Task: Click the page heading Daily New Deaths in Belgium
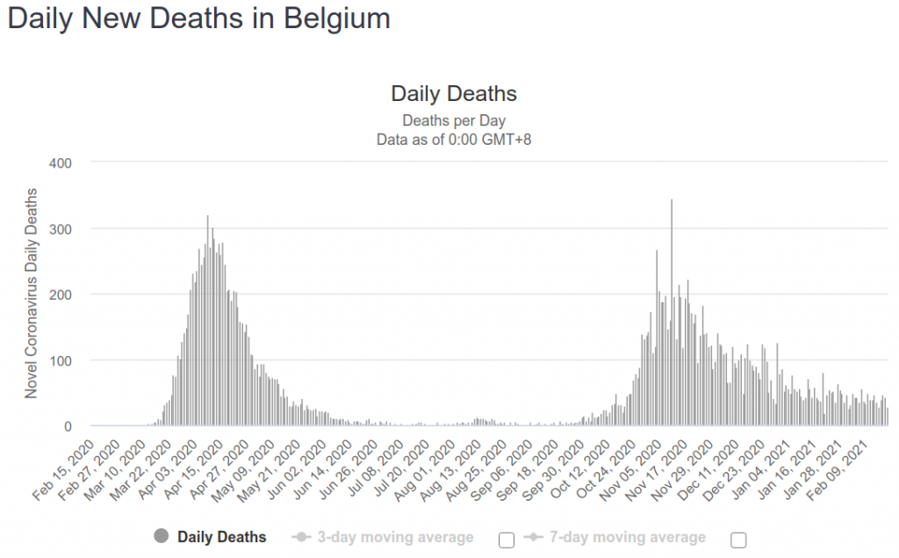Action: (x=199, y=19)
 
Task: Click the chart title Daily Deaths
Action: (x=453, y=94)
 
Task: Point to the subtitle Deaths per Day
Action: (x=453, y=120)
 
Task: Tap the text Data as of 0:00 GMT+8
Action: (x=453, y=139)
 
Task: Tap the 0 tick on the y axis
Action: (x=66, y=426)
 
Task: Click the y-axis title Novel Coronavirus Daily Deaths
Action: (x=32, y=293)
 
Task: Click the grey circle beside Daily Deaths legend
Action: (x=161, y=537)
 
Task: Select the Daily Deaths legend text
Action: (x=221, y=537)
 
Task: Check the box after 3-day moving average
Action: (x=506, y=540)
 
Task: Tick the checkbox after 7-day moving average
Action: (x=737, y=540)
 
